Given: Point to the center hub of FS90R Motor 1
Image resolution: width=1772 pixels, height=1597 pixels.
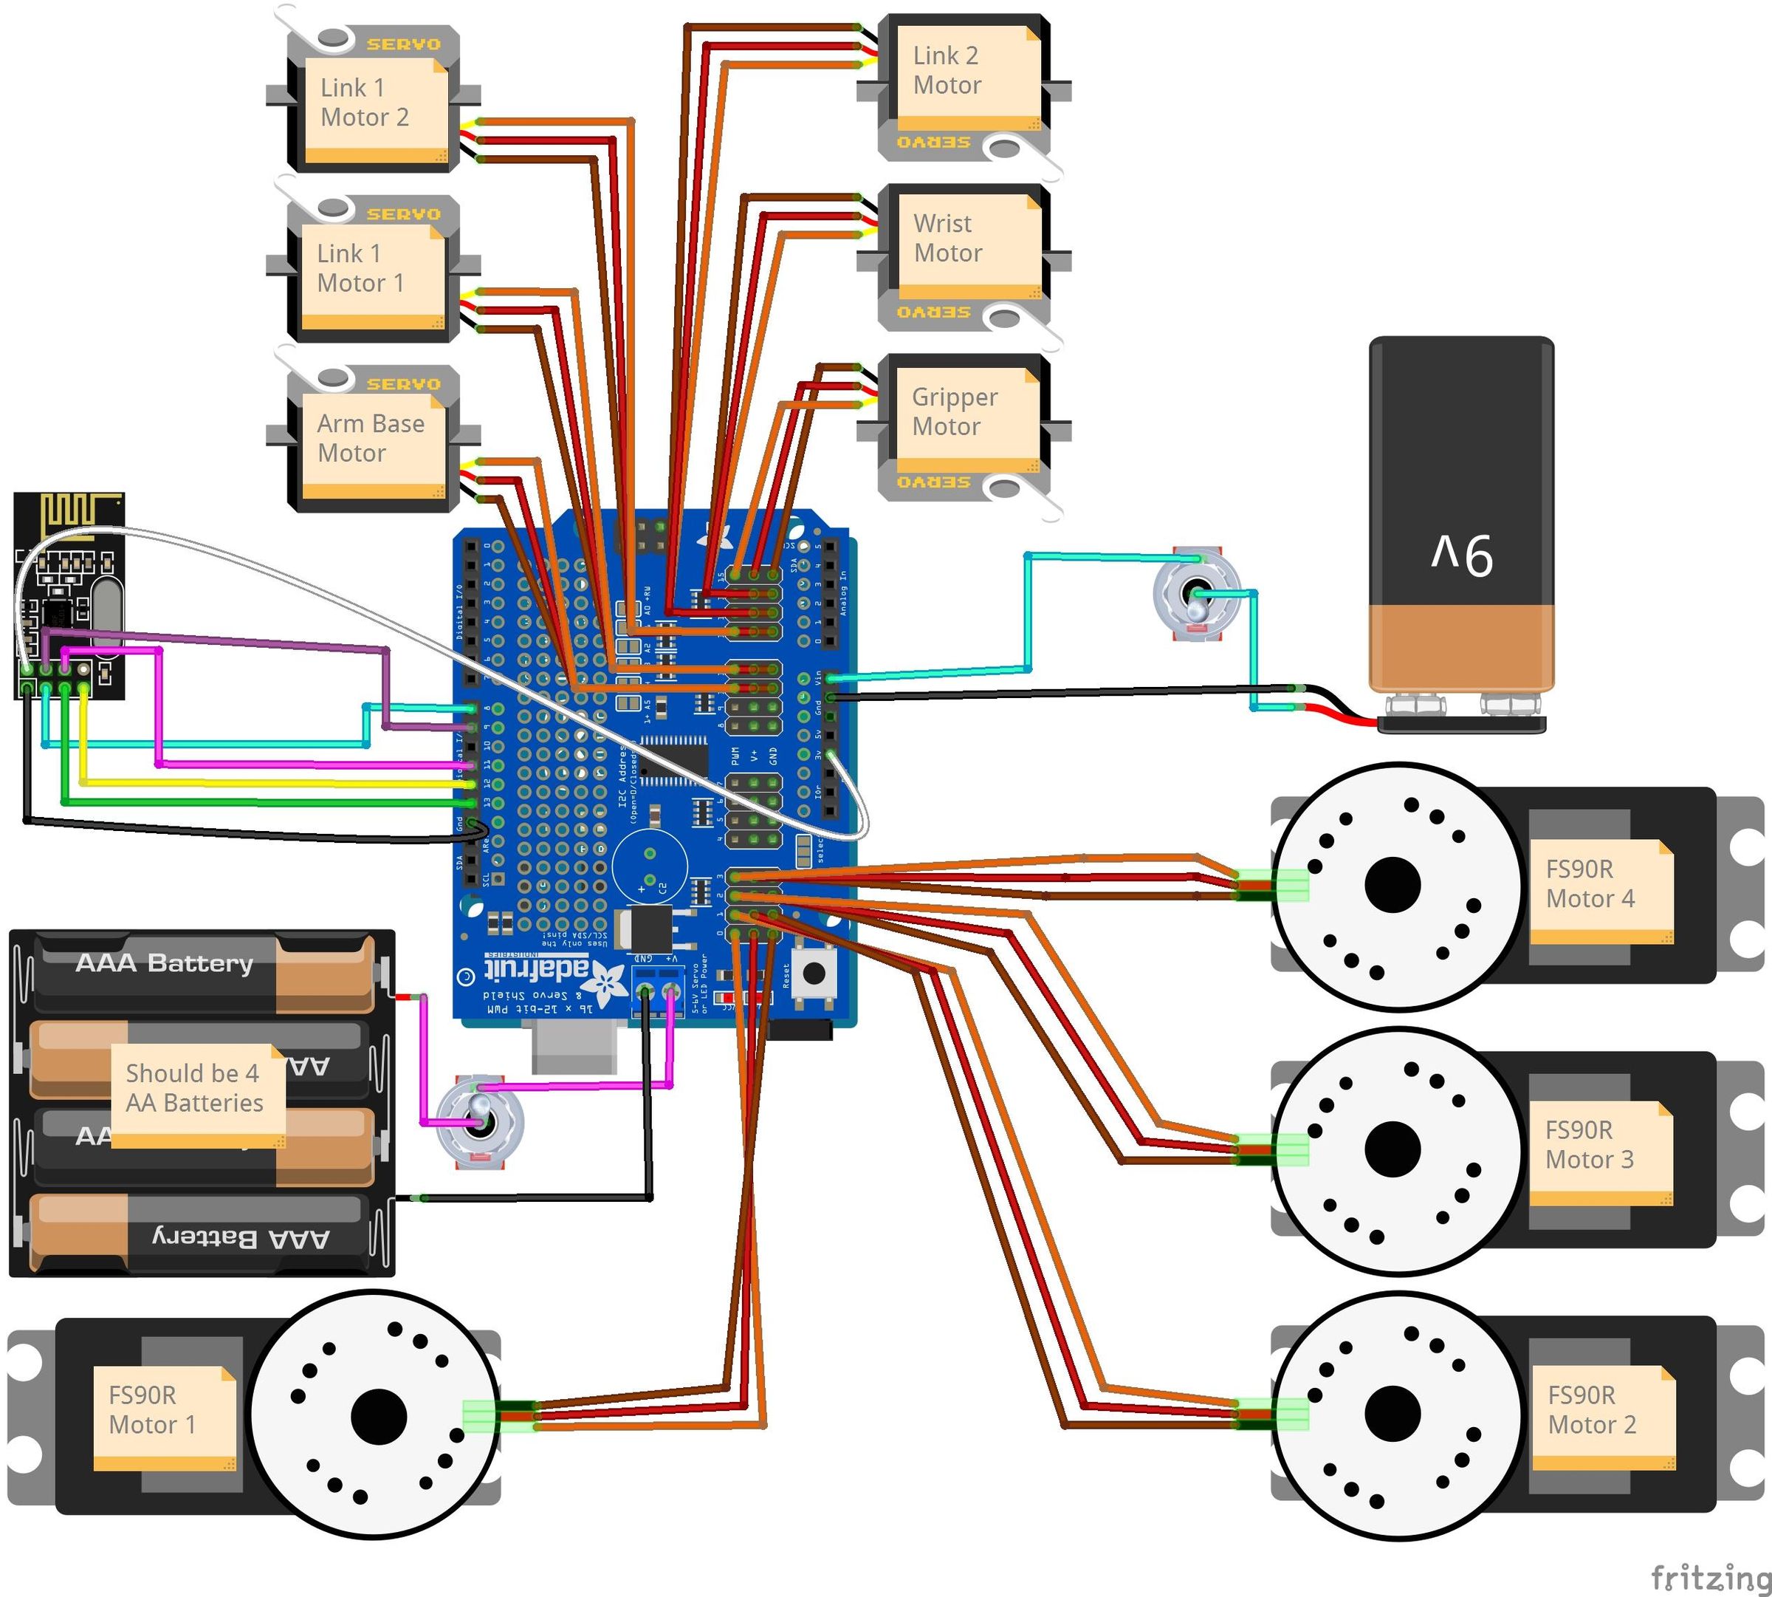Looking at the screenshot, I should [378, 1416].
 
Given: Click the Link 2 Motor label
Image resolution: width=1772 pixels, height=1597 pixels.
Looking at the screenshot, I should [947, 71].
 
